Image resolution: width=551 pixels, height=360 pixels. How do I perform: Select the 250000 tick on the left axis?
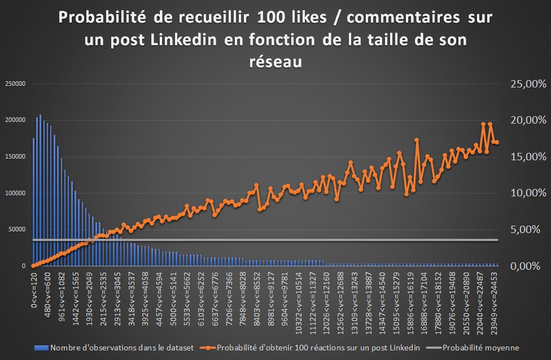16,84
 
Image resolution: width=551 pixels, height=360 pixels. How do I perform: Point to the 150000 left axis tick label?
16,156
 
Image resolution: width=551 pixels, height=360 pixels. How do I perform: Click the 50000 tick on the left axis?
18,229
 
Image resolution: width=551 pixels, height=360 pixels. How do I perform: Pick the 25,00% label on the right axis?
528,84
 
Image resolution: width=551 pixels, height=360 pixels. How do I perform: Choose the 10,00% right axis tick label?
528,193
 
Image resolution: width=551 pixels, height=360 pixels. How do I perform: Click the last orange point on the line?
497,142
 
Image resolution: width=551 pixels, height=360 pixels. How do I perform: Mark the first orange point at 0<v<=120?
34,265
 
